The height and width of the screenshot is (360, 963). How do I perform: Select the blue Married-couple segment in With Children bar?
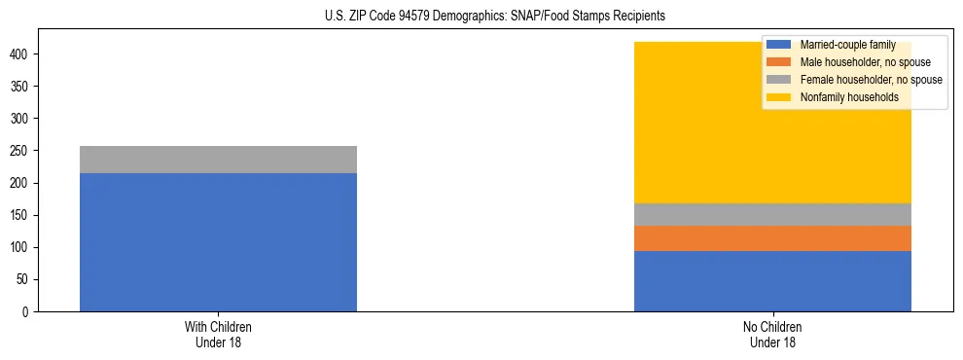[x=218, y=242]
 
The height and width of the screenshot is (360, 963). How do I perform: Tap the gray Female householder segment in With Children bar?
[x=218, y=160]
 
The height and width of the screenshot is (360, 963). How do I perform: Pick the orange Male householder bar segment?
[x=772, y=238]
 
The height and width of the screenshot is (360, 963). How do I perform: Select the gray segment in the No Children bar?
[x=772, y=214]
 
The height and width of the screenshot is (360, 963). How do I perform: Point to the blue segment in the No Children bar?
[x=772, y=281]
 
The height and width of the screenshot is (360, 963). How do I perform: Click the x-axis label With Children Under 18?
[x=218, y=334]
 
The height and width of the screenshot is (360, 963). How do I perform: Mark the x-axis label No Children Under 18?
[x=772, y=334]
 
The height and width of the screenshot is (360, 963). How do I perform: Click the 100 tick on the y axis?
[x=22, y=248]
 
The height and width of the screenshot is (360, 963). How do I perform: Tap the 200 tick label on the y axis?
[x=22, y=183]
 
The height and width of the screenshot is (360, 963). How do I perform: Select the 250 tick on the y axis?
[x=22, y=151]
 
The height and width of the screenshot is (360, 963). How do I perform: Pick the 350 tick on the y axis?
[x=22, y=87]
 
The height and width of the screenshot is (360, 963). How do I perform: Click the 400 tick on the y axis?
[x=22, y=54]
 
